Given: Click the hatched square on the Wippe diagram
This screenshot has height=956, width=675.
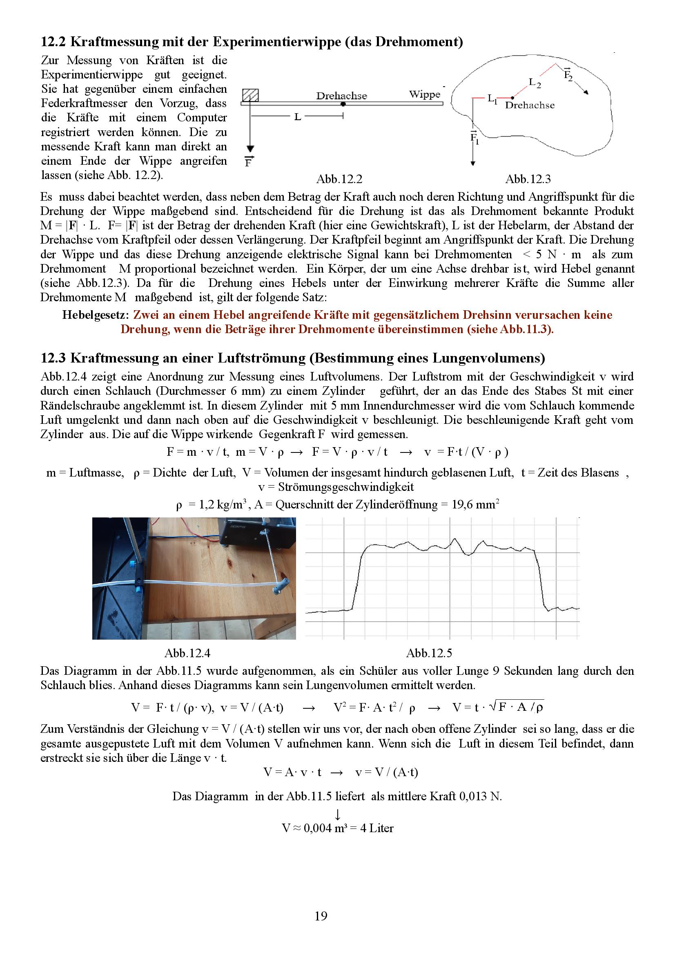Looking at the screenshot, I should pos(250,95).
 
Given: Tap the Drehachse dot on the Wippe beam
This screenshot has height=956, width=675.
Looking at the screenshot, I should pos(343,103).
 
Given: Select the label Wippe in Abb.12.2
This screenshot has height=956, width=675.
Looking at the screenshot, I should pos(424,94).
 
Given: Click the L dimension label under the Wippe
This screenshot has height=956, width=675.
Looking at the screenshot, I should pos(298,117).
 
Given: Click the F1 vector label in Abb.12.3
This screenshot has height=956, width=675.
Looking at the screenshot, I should pos(475,137).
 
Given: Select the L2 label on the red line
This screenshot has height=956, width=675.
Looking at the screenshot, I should pos(535,83).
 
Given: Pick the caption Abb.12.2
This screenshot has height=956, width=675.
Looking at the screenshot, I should pos(339,179).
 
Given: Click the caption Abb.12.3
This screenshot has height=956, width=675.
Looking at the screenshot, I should pos(528,179).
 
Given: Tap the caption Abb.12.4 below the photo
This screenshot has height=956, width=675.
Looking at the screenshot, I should pos(187,653).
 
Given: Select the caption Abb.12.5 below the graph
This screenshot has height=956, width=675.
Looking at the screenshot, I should pos(429,653).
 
